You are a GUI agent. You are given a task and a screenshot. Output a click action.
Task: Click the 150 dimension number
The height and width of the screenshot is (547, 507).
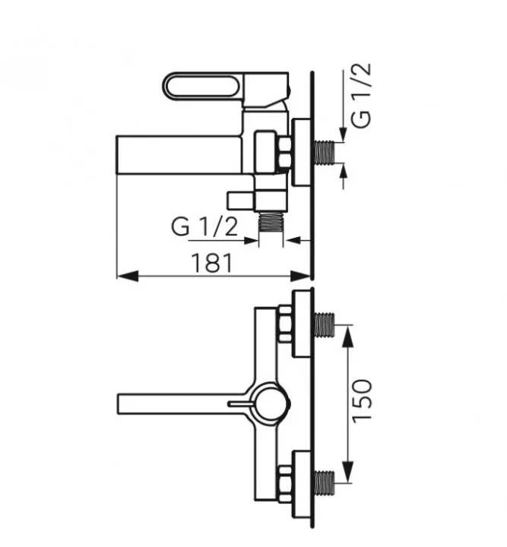pyautogui.click(x=364, y=400)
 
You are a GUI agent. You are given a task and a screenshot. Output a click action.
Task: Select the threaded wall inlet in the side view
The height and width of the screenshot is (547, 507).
pyautogui.click(x=327, y=151)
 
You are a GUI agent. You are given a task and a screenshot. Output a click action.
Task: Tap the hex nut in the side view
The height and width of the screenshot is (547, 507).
pyautogui.click(x=287, y=152)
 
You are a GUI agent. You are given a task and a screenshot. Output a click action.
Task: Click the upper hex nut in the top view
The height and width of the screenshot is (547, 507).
pyautogui.click(x=287, y=324)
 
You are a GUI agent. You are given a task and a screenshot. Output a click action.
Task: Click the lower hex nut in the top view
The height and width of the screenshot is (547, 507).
pyautogui.click(x=287, y=480)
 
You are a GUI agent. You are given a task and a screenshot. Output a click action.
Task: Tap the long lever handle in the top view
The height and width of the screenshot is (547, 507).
pyautogui.click(x=175, y=400)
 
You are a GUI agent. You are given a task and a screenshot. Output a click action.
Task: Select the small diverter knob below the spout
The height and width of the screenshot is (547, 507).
pyautogui.click(x=240, y=200)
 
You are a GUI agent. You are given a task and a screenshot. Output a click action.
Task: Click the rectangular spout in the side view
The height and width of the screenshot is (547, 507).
pyautogui.click(x=179, y=155)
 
